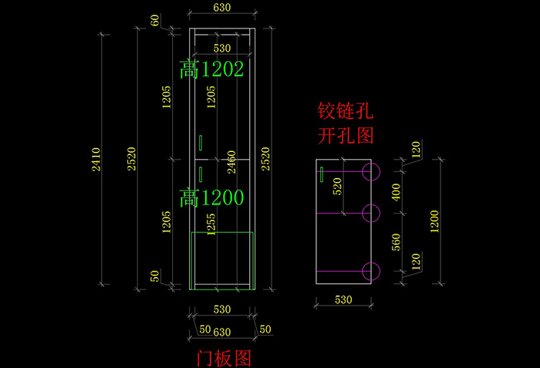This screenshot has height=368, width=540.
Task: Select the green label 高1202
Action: pyautogui.click(x=211, y=70)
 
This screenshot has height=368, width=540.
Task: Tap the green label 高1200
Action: pyautogui.click(x=211, y=198)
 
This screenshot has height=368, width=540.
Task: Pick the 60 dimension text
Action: pyautogui.click(x=156, y=21)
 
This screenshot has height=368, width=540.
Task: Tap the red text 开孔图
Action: pyautogui.click(x=346, y=137)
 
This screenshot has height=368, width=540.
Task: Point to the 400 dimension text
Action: pyautogui.click(x=397, y=192)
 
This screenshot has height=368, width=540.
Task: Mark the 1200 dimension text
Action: pyautogui.click(x=435, y=221)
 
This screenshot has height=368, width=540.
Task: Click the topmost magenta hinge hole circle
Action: pyautogui.click(x=371, y=171)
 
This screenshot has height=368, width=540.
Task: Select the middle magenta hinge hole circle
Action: pyautogui.click(x=371, y=212)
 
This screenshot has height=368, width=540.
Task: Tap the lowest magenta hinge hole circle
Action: pyautogui.click(x=371, y=271)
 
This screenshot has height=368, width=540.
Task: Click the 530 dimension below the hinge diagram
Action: pyautogui.click(x=345, y=299)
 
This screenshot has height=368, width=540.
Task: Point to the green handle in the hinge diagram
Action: pyautogui.click(x=321, y=176)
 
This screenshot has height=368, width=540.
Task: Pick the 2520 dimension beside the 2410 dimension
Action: pyautogui.click(x=131, y=159)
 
